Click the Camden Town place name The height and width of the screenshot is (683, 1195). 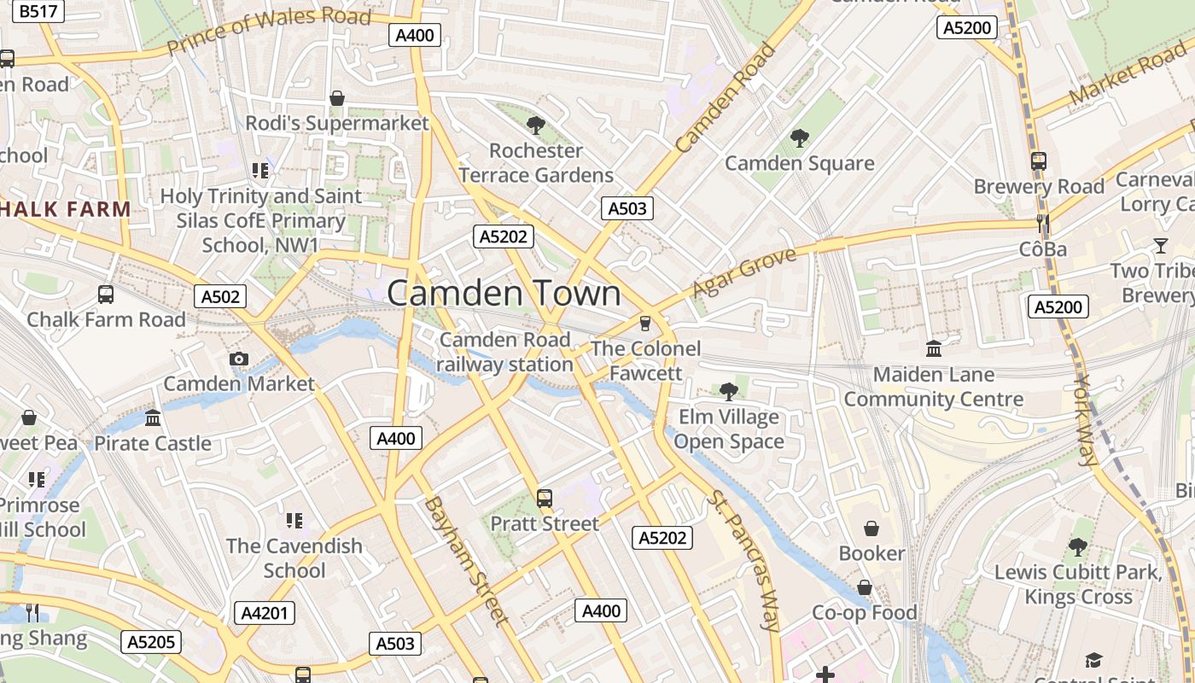click(x=504, y=293)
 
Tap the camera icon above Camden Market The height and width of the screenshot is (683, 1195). click(x=239, y=359)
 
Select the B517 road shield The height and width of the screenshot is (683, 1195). click(x=39, y=11)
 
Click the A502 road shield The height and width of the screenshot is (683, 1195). click(x=220, y=296)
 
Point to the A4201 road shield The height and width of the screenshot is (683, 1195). click(x=265, y=612)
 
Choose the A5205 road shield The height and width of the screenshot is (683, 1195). click(x=151, y=642)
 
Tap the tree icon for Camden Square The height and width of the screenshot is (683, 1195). click(x=800, y=137)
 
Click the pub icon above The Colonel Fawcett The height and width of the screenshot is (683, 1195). click(x=645, y=323)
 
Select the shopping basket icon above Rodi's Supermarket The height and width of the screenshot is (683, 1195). click(x=337, y=98)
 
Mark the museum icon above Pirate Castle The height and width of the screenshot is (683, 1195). click(x=153, y=417)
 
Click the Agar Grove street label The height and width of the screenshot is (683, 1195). click(x=743, y=271)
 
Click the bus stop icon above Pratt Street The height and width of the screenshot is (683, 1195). click(x=544, y=498)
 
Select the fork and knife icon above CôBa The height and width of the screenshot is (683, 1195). click(x=1042, y=224)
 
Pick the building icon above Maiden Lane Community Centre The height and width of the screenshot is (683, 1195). click(x=934, y=348)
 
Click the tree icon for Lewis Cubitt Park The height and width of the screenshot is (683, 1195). click(x=1078, y=546)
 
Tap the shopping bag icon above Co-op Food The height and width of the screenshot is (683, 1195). click(x=865, y=587)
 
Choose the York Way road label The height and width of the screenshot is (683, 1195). click(x=1085, y=420)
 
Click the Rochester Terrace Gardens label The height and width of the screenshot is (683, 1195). click(x=536, y=163)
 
